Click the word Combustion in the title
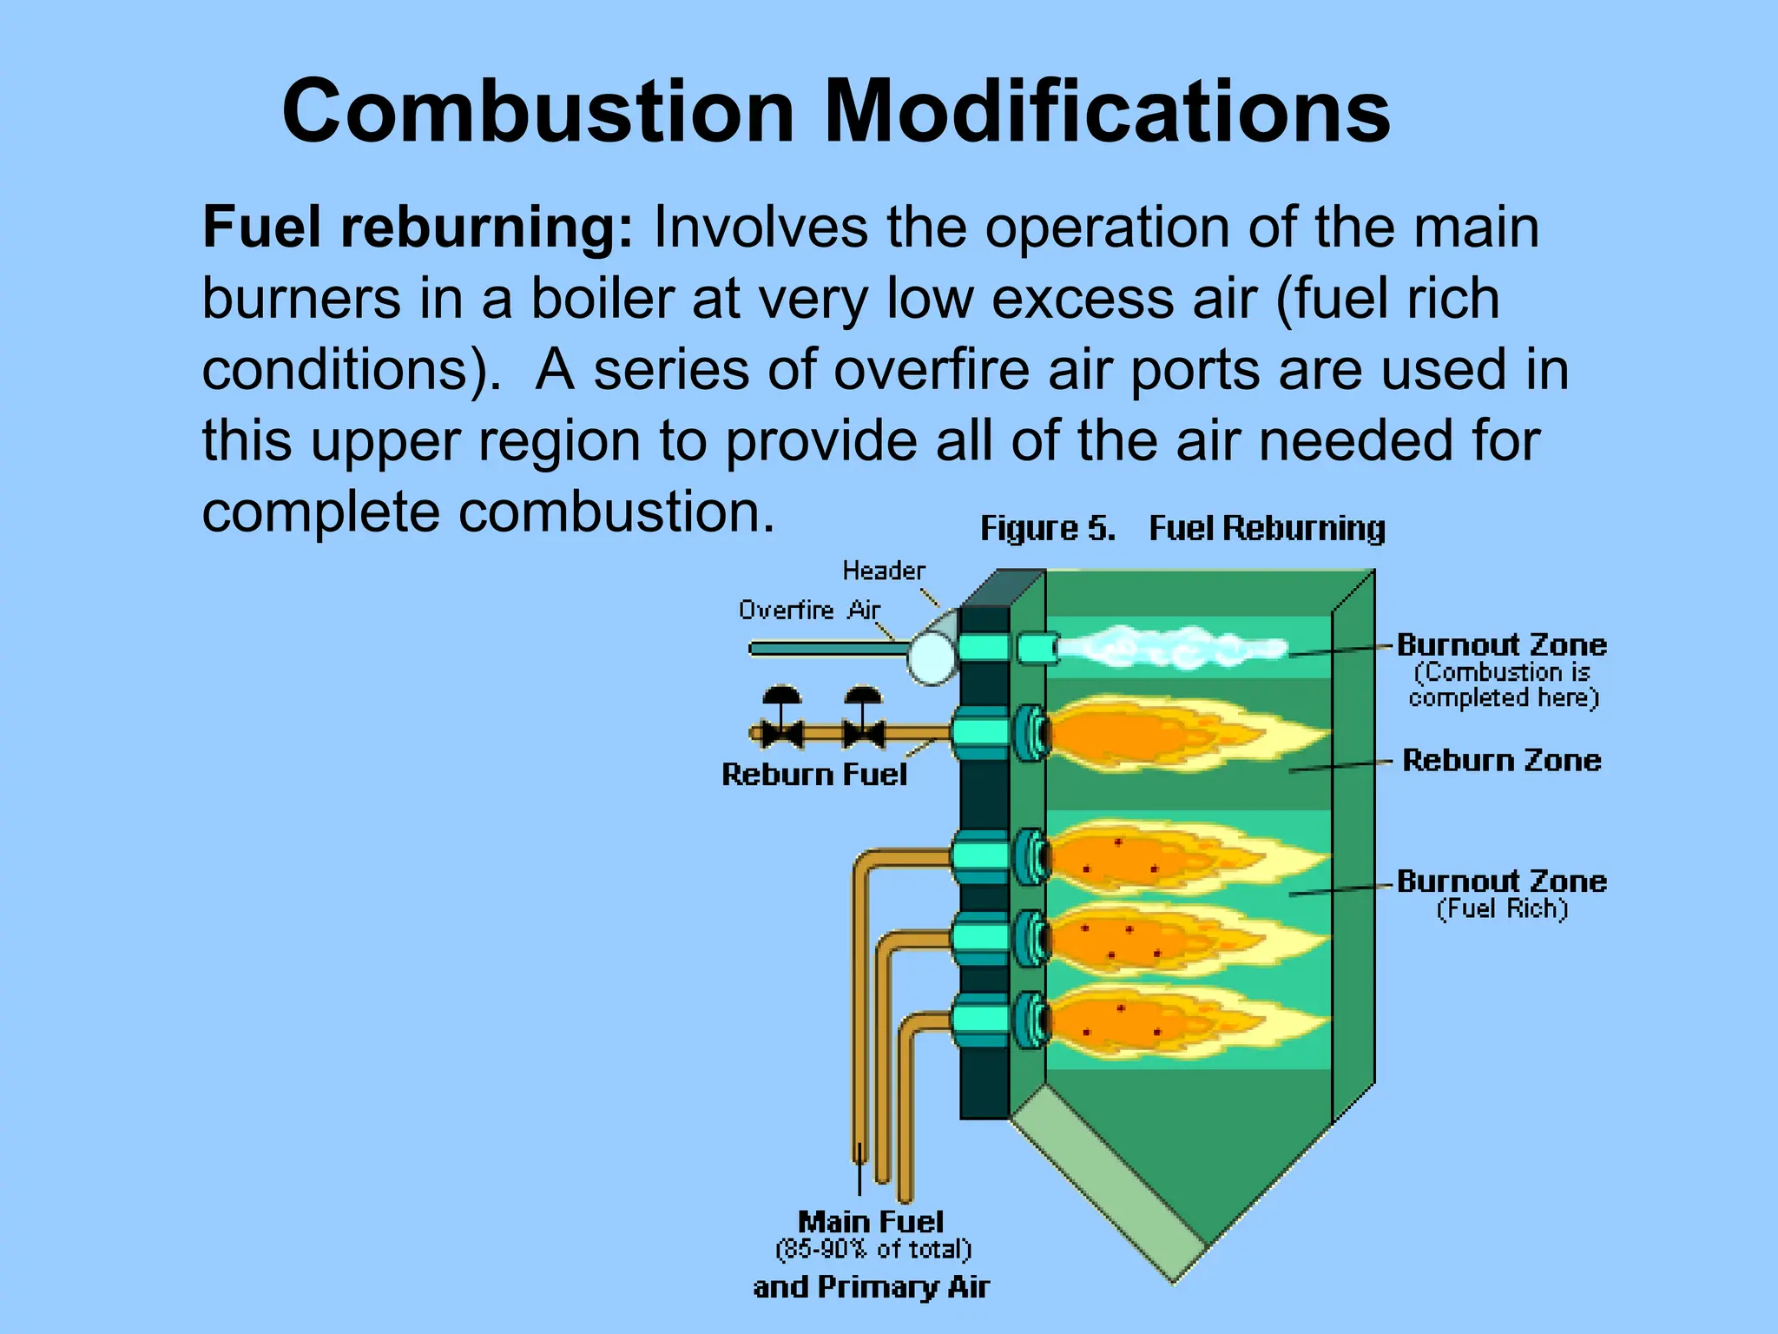coord(538,113)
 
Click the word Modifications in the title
coord(1107,113)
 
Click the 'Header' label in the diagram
coord(884,571)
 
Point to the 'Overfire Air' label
coord(809,611)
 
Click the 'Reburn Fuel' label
coord(814,775)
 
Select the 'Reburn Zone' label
coord(1502,761)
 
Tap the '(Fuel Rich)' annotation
coord(1502,909)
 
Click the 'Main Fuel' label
coord(871,1222)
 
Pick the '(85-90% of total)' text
coord(873,1250)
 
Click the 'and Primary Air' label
coord(871,1287)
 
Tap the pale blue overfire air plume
coord(1172,648)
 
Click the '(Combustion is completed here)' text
coord(1504,685)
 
